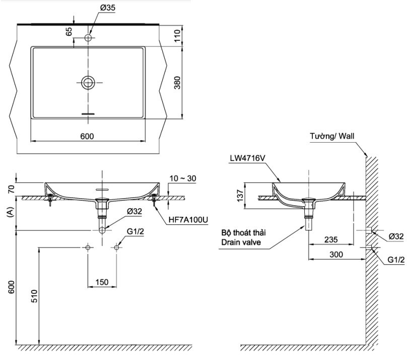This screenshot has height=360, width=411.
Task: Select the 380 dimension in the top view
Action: point(177,83)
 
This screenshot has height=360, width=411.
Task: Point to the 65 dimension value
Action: point(69,32)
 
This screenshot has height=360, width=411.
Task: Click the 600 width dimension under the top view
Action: point(88,136)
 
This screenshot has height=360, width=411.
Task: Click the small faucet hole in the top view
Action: point(89,38)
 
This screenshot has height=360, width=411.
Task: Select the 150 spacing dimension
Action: point(102,282)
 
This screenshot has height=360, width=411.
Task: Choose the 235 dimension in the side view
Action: point(330,239)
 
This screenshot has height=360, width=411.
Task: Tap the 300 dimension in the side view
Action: point(336,255)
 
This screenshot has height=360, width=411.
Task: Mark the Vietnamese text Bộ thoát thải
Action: point(243,233)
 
